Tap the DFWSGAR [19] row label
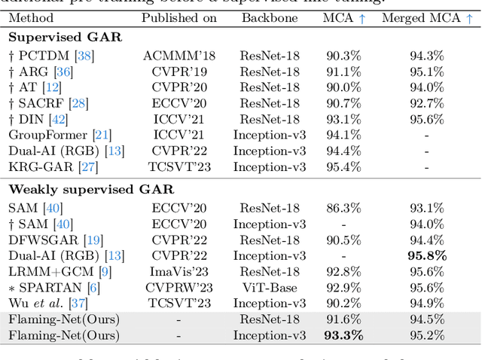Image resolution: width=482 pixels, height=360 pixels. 55,239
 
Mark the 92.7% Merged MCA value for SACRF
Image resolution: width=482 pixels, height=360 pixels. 423,102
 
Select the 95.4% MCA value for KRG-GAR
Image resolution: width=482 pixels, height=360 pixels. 343,166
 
